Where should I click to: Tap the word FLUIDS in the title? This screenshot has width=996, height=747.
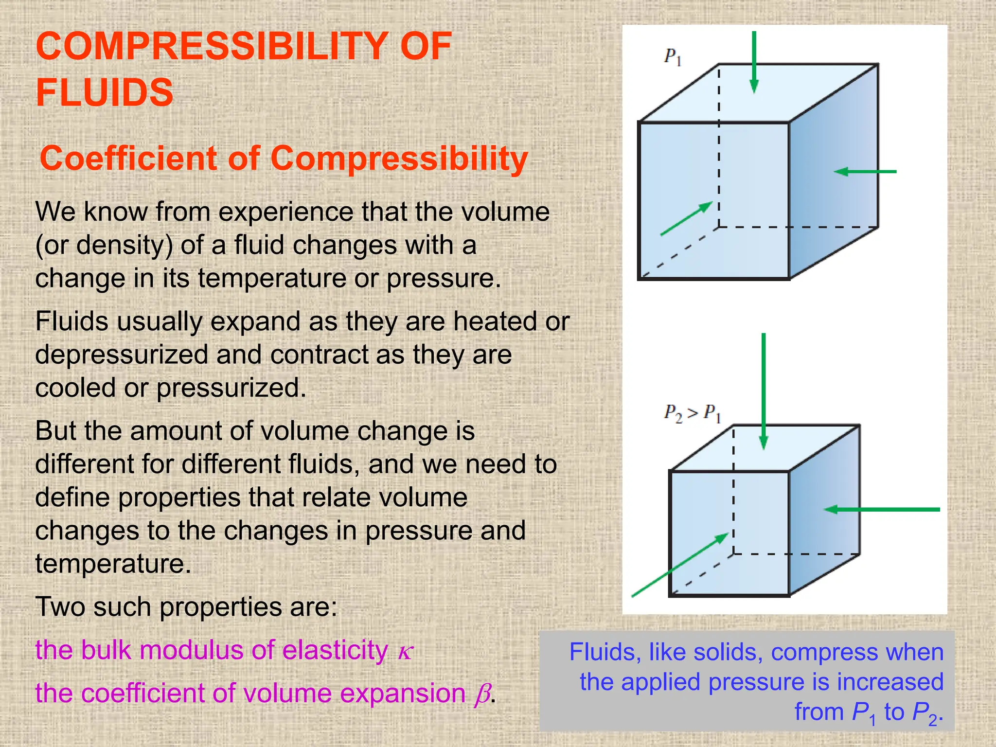coord(105,92)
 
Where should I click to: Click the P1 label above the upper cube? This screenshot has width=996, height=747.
coord(673,57)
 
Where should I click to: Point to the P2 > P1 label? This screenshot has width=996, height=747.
coord(692,413)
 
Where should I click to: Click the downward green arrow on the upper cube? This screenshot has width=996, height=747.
coord(754,62)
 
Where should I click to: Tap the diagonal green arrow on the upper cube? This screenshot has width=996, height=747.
coord(686,219)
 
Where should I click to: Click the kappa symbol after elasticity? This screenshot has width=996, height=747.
coord(405,652)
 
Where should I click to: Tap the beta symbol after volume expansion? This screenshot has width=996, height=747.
coord(482,694)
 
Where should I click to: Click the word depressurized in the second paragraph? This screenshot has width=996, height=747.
coord(122,355)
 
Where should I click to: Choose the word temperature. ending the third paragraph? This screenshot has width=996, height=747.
coord(113,564)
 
